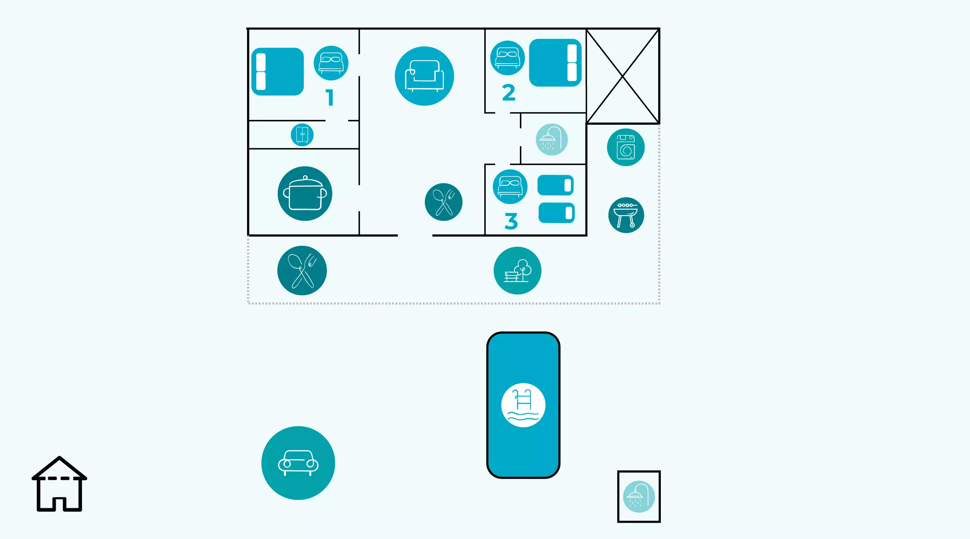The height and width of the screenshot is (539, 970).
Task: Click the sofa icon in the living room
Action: click(424, 76)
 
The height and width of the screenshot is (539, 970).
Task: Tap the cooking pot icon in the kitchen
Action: click(305, 193)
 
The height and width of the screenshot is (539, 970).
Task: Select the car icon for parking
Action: click(298, 463)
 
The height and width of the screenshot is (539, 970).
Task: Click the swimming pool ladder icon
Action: click(523, 405)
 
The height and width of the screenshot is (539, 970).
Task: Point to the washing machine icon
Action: click(626, 147)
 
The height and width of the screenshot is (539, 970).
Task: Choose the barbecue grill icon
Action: click(626, 215)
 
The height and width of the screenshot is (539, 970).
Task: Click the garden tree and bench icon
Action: click(517, 270)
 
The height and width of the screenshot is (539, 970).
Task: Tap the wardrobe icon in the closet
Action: click(302, 135)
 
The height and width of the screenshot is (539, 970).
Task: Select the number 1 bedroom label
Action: click(330, 97)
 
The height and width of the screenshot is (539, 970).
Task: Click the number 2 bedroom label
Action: click(508, 93)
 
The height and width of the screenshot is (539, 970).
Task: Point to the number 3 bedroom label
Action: click(511, 221)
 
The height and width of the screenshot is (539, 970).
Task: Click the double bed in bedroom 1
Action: click(277, 72)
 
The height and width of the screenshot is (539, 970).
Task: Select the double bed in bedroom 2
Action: click(555, 63)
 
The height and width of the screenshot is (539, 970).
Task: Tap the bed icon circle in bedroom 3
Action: click(510, 187)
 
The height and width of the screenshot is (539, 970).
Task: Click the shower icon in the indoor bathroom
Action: click(552, 140)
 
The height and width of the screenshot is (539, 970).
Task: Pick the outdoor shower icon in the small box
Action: click(639, 497)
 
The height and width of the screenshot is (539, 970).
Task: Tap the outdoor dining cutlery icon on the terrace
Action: click(302, 270)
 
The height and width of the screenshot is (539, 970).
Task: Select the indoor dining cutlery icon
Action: click(443, 202)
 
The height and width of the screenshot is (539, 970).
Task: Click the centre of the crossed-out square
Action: click(623, 76)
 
